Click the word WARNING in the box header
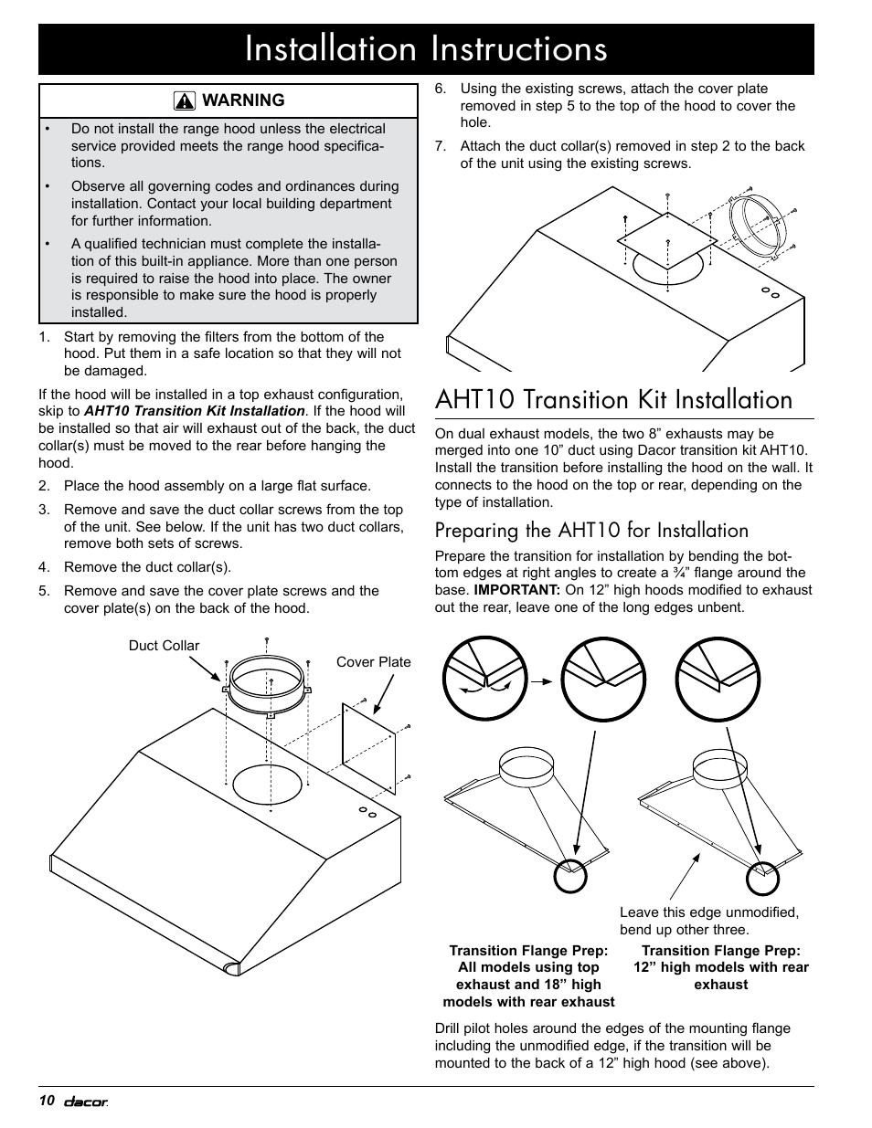[243, 100]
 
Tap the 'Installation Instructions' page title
[426, 49]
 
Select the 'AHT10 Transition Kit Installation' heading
[613, 400]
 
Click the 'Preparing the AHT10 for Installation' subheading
[591, 531]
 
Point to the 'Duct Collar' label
[164, 646]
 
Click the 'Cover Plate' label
[373, 662]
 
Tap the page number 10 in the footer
[47, 1100]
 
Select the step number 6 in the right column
[441, 90]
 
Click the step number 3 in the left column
[44, 510]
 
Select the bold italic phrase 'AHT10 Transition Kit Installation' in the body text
[194, 412]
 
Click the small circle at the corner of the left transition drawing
[570, 876]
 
